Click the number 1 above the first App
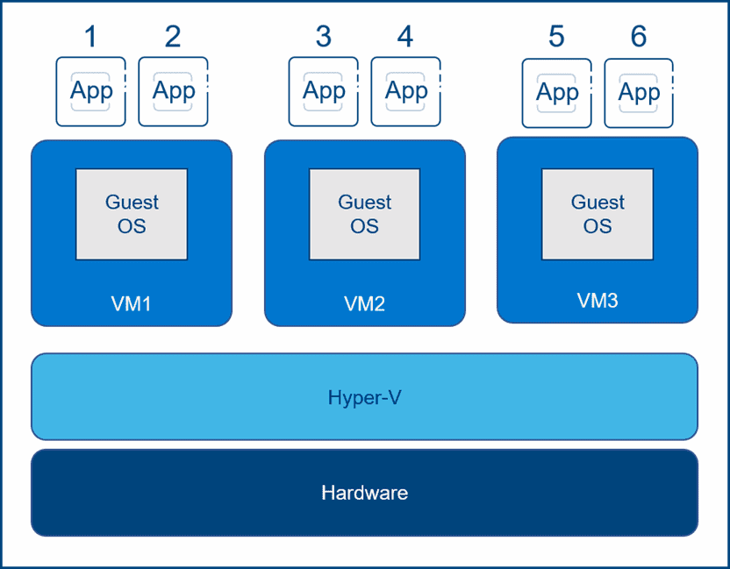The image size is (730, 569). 90,37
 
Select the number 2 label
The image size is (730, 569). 173,37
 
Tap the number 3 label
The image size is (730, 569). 324,37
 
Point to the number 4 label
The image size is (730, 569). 405,37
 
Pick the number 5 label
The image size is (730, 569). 556,37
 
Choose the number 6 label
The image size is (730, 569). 639,37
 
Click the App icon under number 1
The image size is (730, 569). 91,91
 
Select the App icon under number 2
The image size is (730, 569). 174,91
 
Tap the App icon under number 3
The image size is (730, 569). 324,91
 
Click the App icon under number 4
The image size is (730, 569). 406,91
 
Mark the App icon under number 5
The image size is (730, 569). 557,93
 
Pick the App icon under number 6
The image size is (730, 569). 640,93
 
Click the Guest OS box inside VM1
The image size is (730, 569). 132,214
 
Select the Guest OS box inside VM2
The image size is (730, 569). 364,214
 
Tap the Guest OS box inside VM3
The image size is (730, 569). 598,214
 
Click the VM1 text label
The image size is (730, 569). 132,304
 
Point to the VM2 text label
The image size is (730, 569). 364,304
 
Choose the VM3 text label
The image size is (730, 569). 598,301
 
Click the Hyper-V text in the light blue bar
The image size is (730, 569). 364,397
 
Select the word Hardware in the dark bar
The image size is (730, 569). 364,493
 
